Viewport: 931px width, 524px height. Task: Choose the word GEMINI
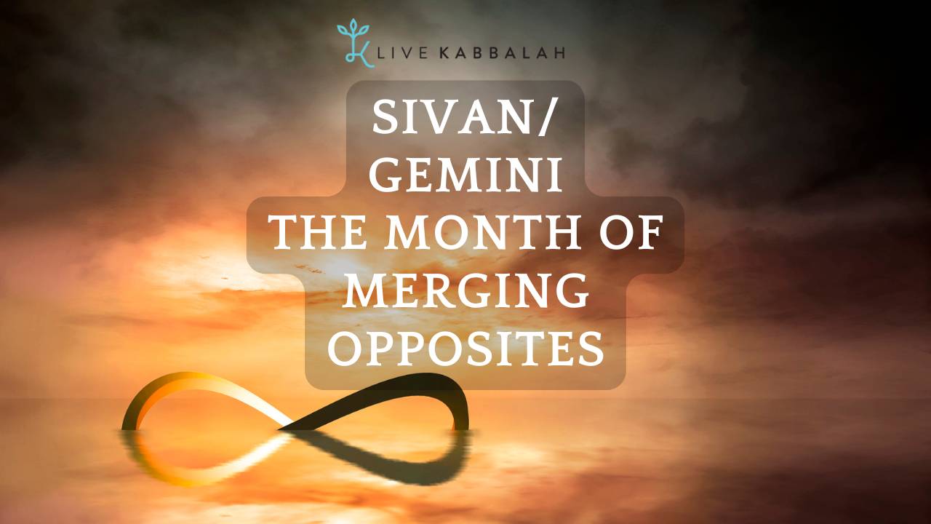465,177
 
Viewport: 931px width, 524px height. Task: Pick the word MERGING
465,292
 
